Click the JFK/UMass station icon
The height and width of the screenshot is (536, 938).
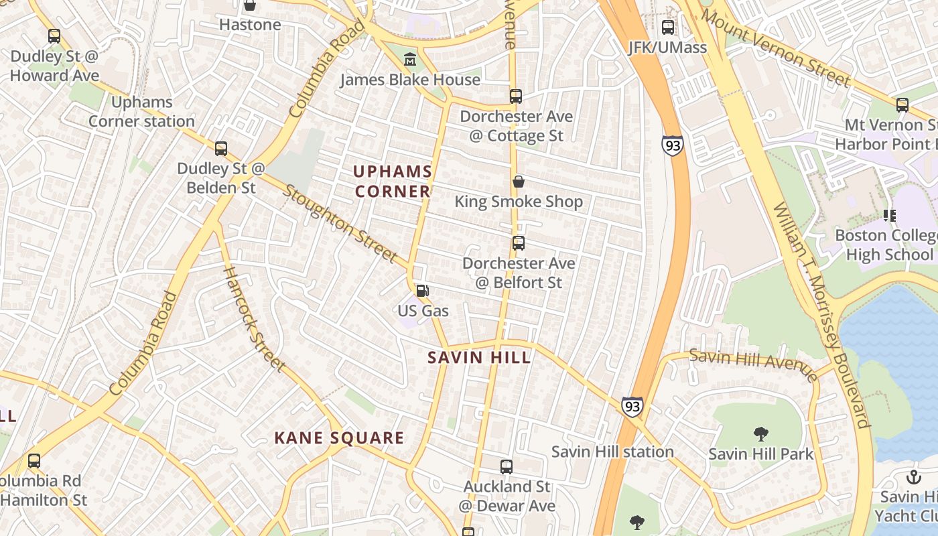click(668, 27)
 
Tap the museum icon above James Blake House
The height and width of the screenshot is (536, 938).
click(410, 60)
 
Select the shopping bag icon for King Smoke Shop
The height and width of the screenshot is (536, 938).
click(518, 182)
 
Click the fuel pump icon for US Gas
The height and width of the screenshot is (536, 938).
click(423, 291)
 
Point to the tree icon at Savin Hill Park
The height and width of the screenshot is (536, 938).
click(760, 433)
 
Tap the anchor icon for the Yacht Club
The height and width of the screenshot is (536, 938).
click(913, 477)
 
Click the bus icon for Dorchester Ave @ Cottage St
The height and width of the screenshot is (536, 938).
click(515, 96)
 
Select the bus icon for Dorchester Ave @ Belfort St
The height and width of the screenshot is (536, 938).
click(518, 243)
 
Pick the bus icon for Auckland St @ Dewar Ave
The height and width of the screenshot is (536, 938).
click(507, 466)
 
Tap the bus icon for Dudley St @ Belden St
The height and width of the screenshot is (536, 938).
click(220, 149)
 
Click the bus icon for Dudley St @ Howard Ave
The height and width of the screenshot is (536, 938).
click(54, 36)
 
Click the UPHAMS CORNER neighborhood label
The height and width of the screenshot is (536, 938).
click(393, 182)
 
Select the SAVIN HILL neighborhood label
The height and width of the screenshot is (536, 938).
click(480, 357)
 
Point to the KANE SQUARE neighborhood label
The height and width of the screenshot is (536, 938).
click(339, 438)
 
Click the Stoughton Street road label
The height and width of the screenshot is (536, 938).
click(340, 224)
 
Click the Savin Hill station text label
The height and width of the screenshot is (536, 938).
click(612, 452)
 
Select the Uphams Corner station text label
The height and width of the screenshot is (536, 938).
click(142, 111)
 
